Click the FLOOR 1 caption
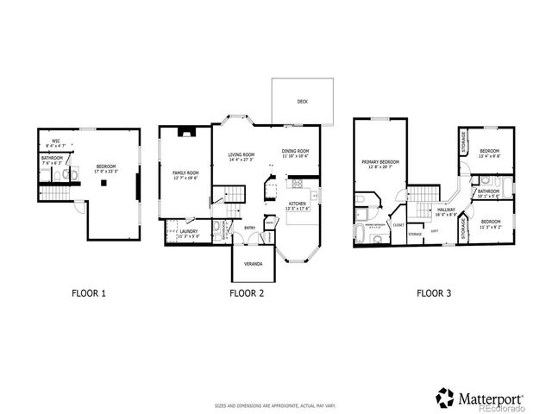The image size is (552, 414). [89, 293]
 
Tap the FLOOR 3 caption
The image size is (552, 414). [434, 293]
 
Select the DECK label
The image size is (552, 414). [303, 101]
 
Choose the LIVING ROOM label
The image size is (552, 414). [241, 155]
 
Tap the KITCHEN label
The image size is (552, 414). [297, 204]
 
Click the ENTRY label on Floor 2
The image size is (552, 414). [249, 228]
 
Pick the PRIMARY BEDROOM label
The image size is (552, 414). [379, 161]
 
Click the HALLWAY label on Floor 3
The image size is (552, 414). [446, 210]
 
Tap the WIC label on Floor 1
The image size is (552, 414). [55, 141]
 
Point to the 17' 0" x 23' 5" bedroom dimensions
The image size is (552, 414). [106, 170]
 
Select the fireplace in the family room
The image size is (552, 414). [186, 133]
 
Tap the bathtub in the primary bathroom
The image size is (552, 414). [360, 235]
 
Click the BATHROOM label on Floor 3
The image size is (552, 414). [489, 191]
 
